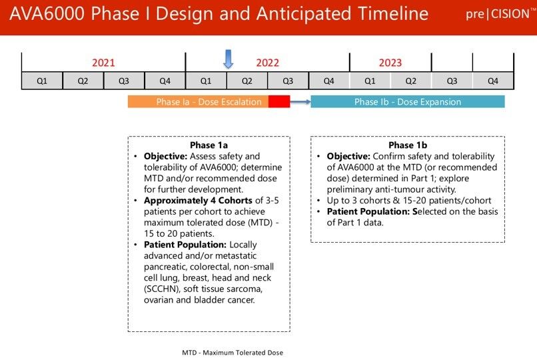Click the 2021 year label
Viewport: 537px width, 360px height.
(103, 63)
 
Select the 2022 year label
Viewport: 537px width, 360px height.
(267, 63)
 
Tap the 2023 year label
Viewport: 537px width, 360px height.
(390, 63)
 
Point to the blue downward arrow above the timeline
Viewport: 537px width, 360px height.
(228, 59)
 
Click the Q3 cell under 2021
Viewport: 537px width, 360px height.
(124, 81)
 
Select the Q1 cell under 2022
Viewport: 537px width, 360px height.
(206, 81)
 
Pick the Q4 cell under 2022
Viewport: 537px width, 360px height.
(328, 81)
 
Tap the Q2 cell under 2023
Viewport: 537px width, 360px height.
(410, 81)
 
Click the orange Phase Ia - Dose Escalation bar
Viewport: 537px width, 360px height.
(199, 102)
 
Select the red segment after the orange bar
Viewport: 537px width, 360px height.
(279, 102)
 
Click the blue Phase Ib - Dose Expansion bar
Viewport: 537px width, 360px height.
(407, 102)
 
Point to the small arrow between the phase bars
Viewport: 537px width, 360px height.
(300, 102)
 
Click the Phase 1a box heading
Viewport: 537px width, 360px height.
(209, 145)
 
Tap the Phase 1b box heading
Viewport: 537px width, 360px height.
(407, 145)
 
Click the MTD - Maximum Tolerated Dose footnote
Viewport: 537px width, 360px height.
(233, 352)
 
